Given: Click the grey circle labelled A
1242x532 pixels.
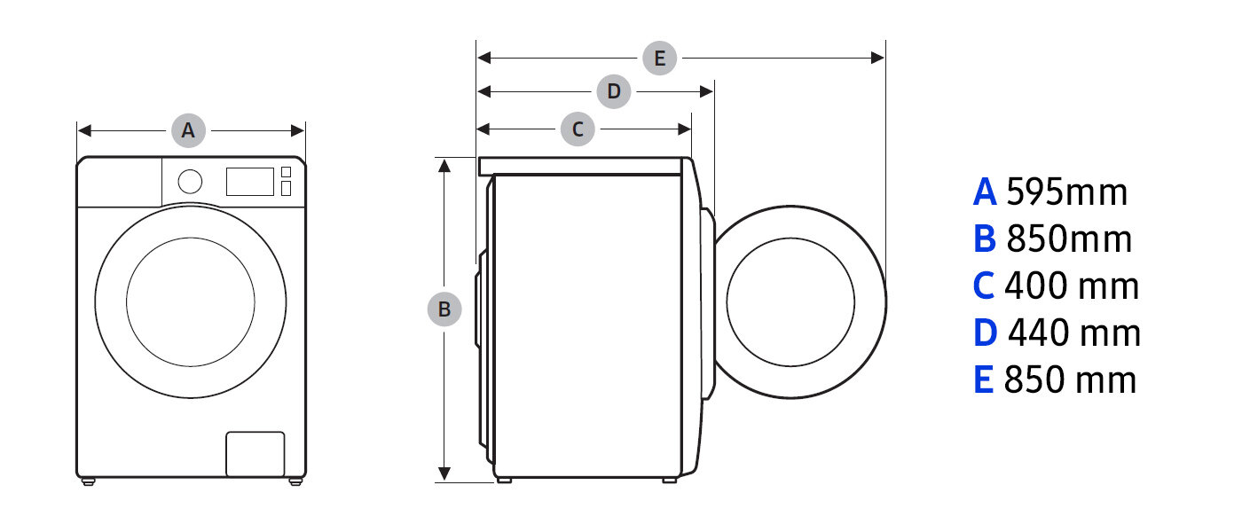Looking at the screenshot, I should [188, 130].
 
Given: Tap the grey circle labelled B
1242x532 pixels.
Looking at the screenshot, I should [444, 309].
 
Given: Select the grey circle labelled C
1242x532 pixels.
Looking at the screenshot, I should [578, 129].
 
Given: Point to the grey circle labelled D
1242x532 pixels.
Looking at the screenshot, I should [613, 91].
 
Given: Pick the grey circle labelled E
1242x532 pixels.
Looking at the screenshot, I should [659, 59].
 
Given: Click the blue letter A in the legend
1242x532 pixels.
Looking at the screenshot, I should [985, 192].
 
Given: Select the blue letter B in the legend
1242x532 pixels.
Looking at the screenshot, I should [985, 239].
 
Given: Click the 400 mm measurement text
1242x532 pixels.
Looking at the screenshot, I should [1072, 286].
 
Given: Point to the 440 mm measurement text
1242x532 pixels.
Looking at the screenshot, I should [1074, 333].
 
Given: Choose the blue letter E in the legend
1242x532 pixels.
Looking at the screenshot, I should [983, 380].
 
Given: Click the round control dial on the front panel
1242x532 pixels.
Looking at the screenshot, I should [190, 182].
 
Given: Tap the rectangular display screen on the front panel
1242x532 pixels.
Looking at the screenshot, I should [249, 182].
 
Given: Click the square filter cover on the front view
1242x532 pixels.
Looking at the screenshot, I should [255, 454].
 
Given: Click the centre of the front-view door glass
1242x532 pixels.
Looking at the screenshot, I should [190, 300].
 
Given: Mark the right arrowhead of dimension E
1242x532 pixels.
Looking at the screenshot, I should [879, 59].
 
